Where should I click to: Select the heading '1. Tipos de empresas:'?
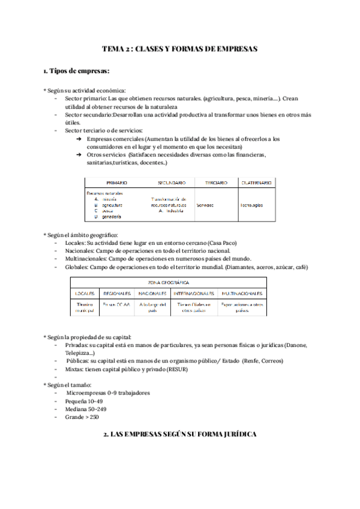pos(76,71)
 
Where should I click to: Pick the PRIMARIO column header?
pos(116,182)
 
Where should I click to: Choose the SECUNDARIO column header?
pos(171,182)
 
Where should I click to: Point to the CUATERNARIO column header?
pos(256,182)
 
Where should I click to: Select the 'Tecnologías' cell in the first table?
pos(251,205)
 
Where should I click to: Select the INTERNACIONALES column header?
pos(194,294)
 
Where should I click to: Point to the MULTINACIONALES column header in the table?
pos(242,294)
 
